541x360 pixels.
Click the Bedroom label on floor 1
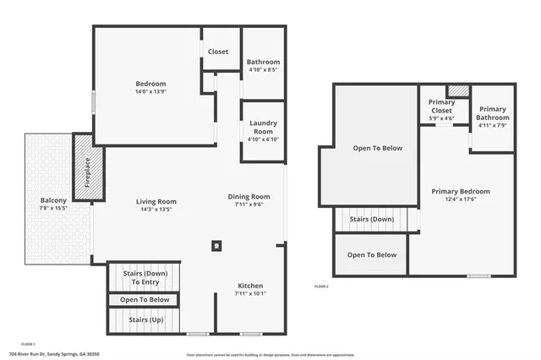click(x=150, y=84)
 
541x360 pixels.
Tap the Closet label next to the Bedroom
click(x=217, y=52)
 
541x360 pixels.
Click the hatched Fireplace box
click(x=87, y=173)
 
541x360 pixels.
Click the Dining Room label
click(x=249, y=197)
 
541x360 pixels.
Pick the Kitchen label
click(x=249, y=286)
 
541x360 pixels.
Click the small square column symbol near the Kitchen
click(x=216, y=246)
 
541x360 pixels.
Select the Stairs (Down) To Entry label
click(x=145, y=277)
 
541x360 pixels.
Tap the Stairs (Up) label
click(x=145, y=320)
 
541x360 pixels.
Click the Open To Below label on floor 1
click(x=145, y=299)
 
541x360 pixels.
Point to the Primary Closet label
click(x=442, y=106)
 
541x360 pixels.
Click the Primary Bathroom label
click(x=492, y=113)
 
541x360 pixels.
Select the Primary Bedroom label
click(x=461, y=192)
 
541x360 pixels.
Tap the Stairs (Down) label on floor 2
click(x=371, y=219)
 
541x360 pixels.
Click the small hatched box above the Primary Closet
click(x=457, y=90)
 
